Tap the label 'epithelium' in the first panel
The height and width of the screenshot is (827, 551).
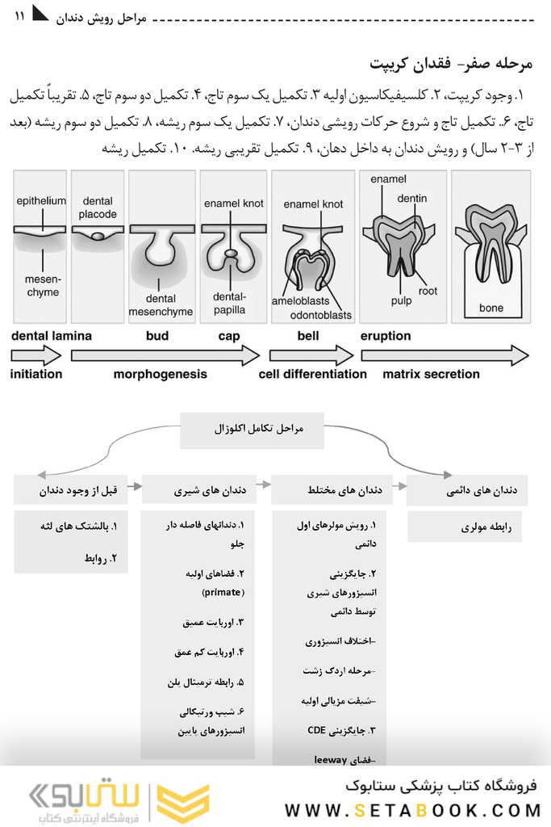click(x=41, y=201)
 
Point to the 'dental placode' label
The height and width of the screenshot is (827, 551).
click(x=98, y=208)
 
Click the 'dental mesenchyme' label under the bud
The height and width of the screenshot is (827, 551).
click(x=161, y=305)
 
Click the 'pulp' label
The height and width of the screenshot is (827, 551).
click(x=401, y=300)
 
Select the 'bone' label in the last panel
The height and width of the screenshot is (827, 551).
click(x=490, y=308)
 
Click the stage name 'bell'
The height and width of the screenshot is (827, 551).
click(x=307, y=336)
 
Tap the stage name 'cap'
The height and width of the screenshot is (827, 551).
click(x=229, y=336)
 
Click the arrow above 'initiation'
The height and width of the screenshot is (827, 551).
click(x=36, y=355)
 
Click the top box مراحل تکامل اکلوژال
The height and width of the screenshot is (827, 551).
click(x=251, y=429)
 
